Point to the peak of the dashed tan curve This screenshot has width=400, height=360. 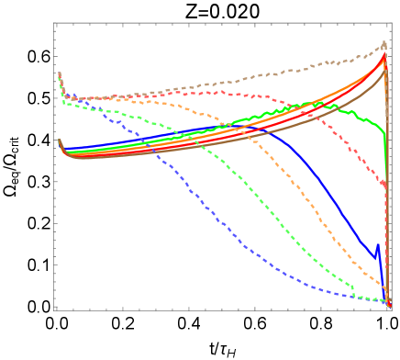tap(384, 42)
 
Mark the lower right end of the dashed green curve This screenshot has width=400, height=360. tap(354, 288)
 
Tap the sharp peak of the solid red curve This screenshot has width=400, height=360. tap(384, 58)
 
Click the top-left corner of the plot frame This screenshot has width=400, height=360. tap(55, 24)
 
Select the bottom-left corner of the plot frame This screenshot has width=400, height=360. tap(55, 309)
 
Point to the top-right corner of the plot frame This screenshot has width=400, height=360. tap(392, 24)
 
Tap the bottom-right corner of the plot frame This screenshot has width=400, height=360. tap(392, 309)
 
